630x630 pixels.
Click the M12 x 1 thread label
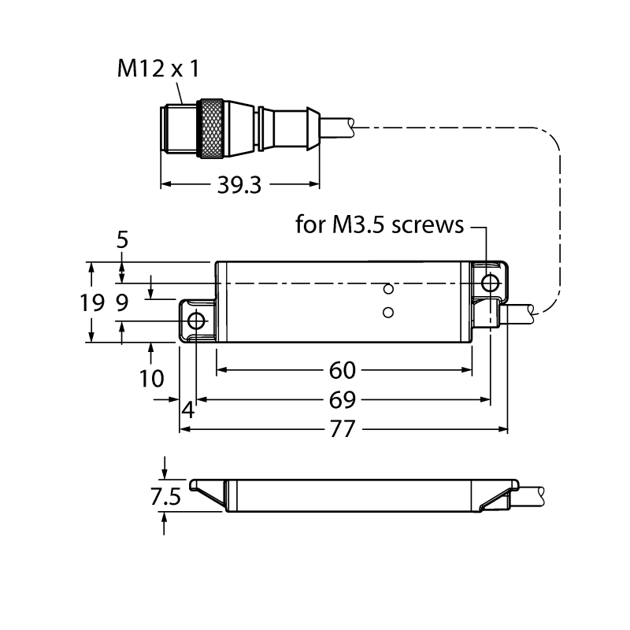point(158,69)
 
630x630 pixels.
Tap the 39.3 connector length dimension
point(239,186)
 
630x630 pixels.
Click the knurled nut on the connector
point(212,128)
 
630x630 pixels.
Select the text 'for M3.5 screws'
point(380,224)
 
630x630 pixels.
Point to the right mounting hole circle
point(491,283)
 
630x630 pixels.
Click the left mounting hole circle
point(196,321)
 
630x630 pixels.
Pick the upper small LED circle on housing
point(388,289)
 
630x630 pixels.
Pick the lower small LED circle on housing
point(388,312)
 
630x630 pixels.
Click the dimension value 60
point(343,370)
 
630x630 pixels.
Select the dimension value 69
point(343,400)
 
